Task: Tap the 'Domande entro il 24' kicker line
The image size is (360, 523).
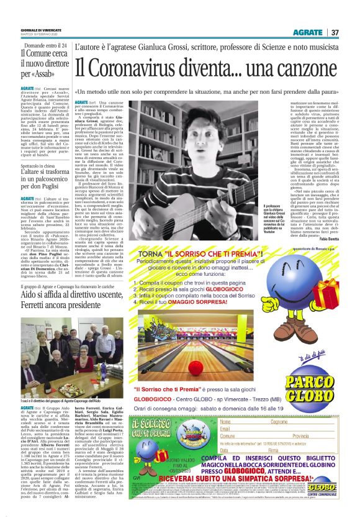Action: click(x=35, y=45)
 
